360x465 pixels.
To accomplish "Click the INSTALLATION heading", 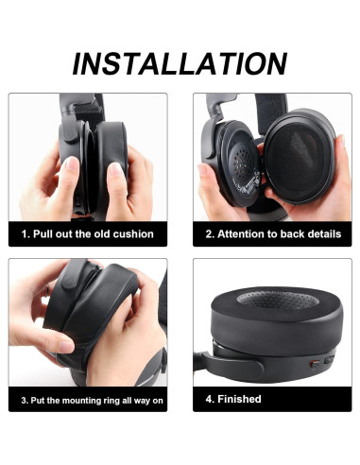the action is [x=180, y=64].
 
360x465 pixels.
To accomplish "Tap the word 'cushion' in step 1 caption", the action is [x=133, y=234].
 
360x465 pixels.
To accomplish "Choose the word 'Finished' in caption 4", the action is [x=239, y=399].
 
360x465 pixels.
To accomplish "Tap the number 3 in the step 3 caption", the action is [x=24, y=401].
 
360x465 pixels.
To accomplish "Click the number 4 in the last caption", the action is [x=209, y=399].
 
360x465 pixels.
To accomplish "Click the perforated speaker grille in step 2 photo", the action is [x=244, y=164].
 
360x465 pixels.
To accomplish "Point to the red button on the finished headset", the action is [x=315, y=364].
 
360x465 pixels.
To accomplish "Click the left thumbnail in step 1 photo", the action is [x=72, y=164].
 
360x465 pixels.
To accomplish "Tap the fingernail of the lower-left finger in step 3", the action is [x=66, y=347].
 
